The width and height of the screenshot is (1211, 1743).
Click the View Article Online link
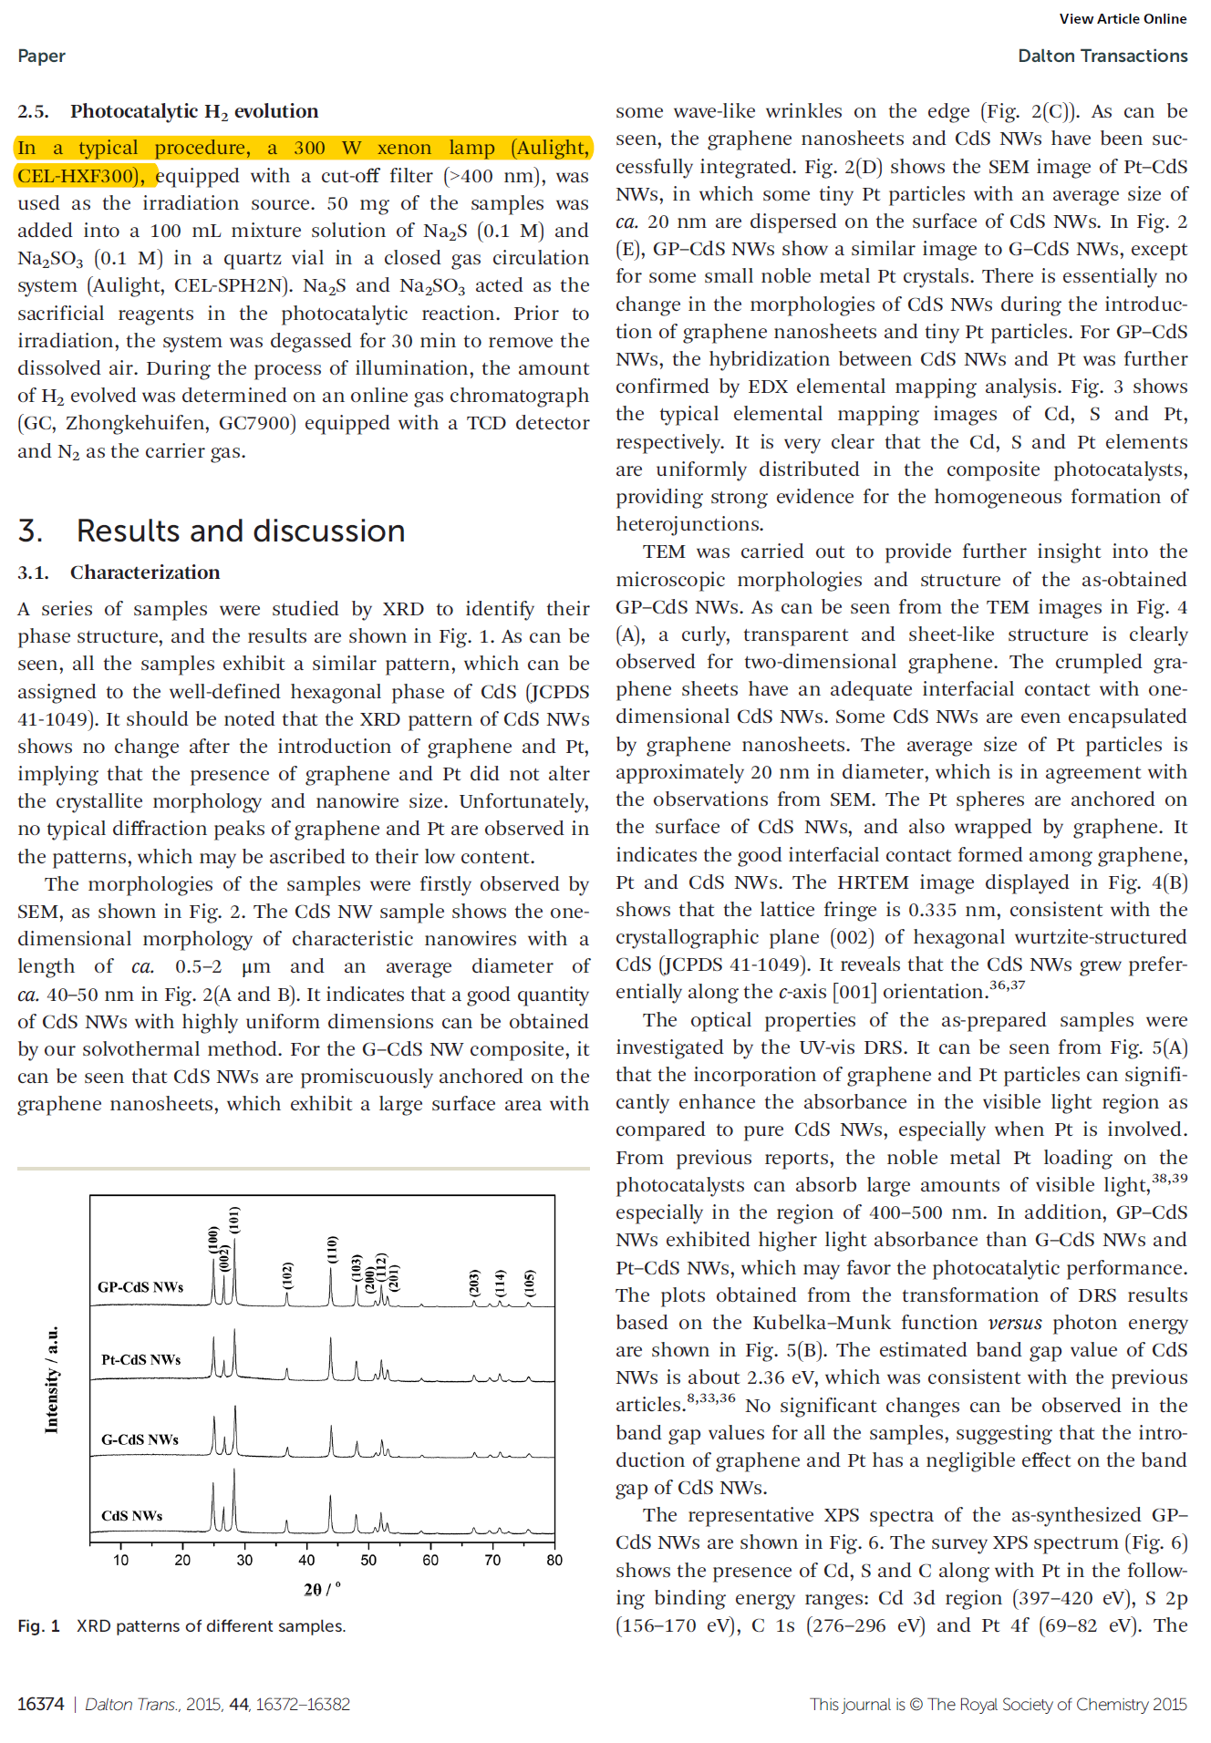(x=1122, y=19)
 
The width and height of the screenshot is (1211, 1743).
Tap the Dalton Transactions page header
(x=1102, y=56)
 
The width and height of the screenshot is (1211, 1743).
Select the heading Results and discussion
(x=240, y=531)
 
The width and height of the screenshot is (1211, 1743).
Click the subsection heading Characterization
(x=145, y=572)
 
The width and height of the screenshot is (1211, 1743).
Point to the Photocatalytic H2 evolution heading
(x=193, y=111)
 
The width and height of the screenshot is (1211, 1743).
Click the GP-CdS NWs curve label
(x=140, y=1287)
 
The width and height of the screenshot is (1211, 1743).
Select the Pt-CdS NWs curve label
(x=140, y=1359)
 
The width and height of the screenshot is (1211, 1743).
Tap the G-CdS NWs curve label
(x=140, y=1439)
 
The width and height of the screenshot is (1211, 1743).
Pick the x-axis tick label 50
(x=368, y=1560)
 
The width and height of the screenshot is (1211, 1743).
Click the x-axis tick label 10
(x=121, y=1560)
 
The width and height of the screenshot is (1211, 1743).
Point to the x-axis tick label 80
(x=554, y=1560)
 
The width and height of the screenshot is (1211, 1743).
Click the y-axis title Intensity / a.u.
(x=52, y=1379)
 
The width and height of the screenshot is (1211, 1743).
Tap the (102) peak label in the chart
(x=287, y=1275)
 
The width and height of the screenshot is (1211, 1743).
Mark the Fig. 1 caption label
(x=38, y=1626)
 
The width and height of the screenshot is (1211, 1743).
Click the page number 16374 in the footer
(x=40, y=1704)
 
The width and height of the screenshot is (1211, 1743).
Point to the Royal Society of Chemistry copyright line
(x=998, y=1704)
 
